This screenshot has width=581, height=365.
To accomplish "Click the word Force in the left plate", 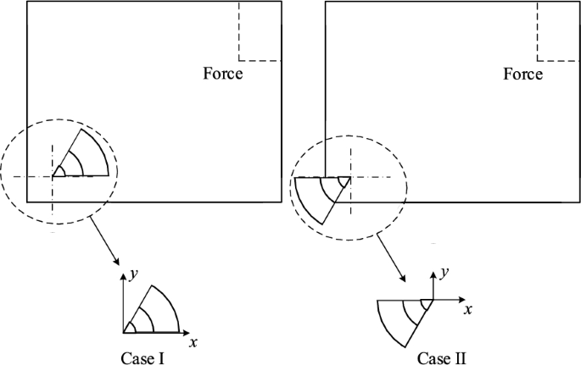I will click(222, 74).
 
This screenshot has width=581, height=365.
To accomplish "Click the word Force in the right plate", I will click(522, 74).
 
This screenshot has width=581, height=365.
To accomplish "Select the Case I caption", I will click(142, 357).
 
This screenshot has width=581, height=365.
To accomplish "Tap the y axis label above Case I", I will click(134, 273).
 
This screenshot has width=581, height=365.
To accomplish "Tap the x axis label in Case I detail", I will click(193, 342).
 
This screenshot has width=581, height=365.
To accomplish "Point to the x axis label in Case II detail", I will click(467, 311).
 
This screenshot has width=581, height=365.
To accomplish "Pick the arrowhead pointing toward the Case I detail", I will click(115, 258).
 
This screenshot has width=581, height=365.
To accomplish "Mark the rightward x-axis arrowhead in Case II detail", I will click(461, 299).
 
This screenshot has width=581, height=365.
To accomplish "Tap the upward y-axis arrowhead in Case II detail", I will click(433, 276).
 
